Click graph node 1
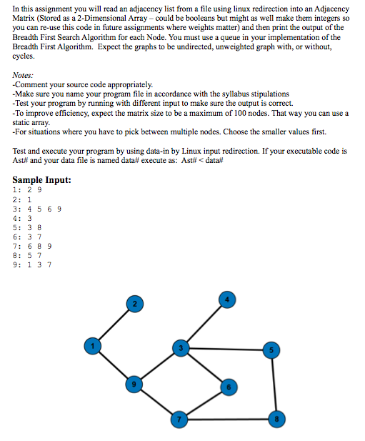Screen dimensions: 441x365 pyautogui.click(x=91, y=345)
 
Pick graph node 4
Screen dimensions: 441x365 pyautogui.click(x=228, y=299)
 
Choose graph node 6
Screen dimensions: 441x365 pyautogui.click(x=228, y=387)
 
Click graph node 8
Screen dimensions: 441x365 pyautogui.click(x=274, y=418)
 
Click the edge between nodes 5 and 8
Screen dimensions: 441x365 pyautogui.click(x=273, y=385)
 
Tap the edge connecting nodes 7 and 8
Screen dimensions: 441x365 pyautogui.click(x=227, y=418)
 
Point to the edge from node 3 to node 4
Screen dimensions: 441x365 pyautogui.click(x=204, y=323)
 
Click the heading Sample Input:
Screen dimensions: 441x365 pyautogui.click(x=42, y=179)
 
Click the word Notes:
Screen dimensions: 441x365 pyautogui.click(x=25, y=74)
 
